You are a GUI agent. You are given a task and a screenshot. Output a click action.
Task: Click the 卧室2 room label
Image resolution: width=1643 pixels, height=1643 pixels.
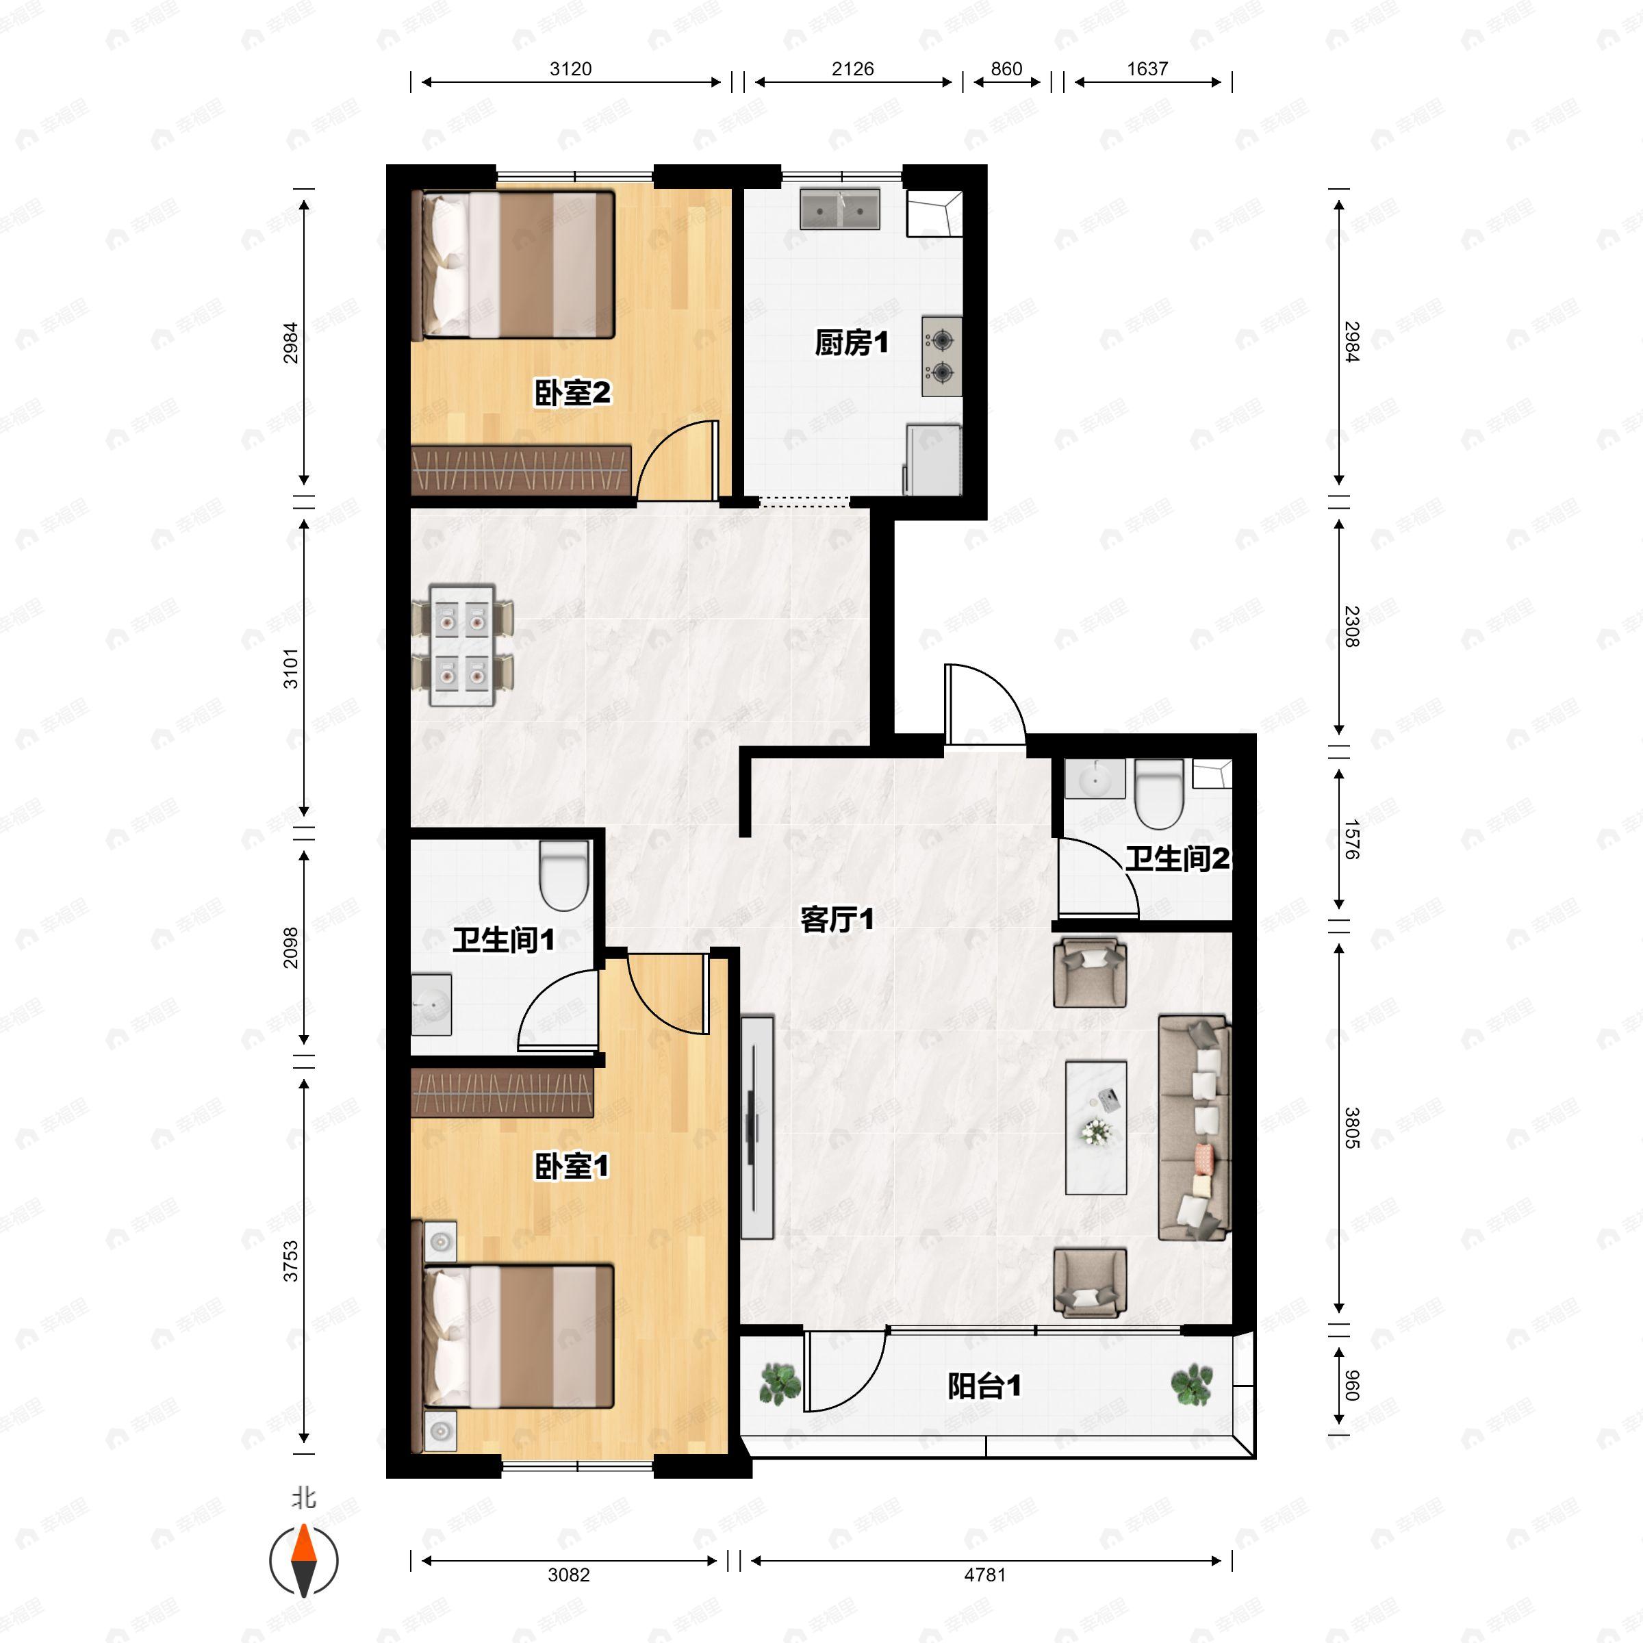[x=572, y=393]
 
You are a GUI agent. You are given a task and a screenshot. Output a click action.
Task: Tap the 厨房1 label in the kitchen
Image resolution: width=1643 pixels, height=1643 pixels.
[x=851, y=343]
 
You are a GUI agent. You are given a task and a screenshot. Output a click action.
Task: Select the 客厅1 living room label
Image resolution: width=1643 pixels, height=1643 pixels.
[x=837, y=919]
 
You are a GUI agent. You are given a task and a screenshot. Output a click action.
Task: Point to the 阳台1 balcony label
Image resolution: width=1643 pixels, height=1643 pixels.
[x=984, y=1387]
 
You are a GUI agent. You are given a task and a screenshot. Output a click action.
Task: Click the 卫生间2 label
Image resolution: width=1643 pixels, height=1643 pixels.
[x=1177, y=859]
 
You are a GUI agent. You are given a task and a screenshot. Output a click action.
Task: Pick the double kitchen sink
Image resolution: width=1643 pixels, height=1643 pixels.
[x=839, y=209]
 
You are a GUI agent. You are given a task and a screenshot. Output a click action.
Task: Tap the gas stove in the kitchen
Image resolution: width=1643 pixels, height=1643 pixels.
[x=941, y=356]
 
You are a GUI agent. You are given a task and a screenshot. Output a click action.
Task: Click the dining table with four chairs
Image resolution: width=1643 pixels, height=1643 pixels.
[x=462, y=646]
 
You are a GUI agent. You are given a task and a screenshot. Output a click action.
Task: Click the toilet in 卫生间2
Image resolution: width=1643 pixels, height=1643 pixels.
[x=1158, y=793]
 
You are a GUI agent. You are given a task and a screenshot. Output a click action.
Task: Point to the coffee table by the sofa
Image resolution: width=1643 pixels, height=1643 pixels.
[x=1096, y=1127]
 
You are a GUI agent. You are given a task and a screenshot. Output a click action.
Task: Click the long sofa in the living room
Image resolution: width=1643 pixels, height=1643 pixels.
[x=1195, y=1127]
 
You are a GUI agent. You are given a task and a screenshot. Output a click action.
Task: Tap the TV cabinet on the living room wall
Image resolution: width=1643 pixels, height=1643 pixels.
[x=756, y=1127]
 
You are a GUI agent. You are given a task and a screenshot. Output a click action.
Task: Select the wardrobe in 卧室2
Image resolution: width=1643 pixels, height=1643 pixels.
[x=520, y=470]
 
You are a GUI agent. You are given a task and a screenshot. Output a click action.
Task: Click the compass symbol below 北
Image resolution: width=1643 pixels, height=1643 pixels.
[x=303, y=1561]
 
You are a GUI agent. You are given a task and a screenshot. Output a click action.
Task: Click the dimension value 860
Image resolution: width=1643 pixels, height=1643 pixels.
[x=1006, y=69]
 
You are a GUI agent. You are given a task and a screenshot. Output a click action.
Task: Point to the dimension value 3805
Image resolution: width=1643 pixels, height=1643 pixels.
[x=1351, y=1128]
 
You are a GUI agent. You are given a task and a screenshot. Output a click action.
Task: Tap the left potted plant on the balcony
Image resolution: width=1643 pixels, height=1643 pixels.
[x=779, y=1384]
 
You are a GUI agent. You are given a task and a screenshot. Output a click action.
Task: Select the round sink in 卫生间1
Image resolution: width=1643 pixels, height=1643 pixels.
[x=432, y=1004]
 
